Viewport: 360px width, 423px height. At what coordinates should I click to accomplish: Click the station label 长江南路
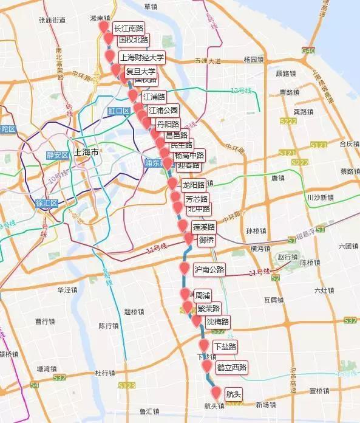click(x=128, y=29)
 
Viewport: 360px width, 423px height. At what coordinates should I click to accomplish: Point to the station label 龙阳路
click(x=194, y=185)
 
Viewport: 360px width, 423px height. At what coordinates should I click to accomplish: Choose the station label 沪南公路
click(x=209, y=269)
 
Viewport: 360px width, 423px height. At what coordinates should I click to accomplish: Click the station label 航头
click(x=233, y=393)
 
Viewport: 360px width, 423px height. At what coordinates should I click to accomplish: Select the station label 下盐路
click(x=225, y=346)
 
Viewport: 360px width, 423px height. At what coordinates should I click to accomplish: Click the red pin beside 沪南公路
click(x=185, y=269)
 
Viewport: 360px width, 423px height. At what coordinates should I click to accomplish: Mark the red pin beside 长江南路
click(x=104, y=29)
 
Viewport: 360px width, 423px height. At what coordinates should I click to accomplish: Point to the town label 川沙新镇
click(x=320, y=198)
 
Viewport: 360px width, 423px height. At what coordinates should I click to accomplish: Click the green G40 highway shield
click(x=308, y=51)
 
